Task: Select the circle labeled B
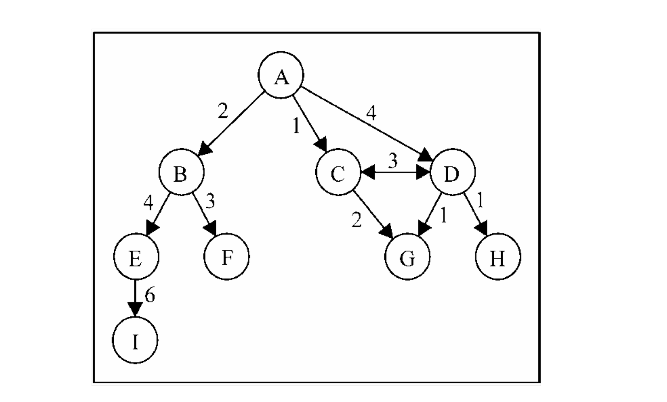click(x=181, y=172)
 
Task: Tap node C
click(x=338, y=172)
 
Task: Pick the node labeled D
click(x=452, y=172)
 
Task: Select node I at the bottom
click(x=135, y=340)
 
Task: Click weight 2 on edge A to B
click(x=223, y=112)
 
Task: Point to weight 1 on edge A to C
click(x=296, y=126)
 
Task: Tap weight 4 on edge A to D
click(x=371, y=113)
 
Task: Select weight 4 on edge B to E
click(x=149, y=203)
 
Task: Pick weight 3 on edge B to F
click(x=210, y=201)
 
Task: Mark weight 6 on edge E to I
click(x=150, y=296)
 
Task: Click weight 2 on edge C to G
click(x=357, y=220)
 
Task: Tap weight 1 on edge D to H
click(x=480, y=201)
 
